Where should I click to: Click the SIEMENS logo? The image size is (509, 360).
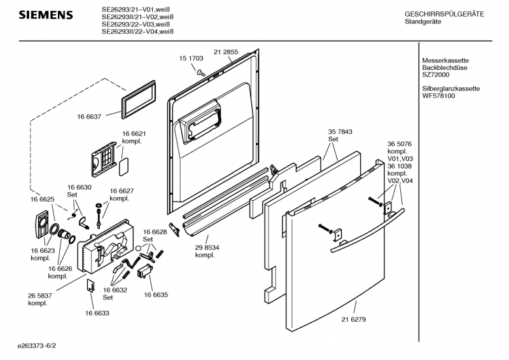click(x=46, y=15)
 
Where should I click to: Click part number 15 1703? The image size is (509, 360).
click(x=192, y=59)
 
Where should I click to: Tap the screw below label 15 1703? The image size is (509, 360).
click(x=201, y=73)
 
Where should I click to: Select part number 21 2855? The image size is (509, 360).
click(x=226, y=52)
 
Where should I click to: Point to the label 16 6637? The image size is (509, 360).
click(x=89, y=116)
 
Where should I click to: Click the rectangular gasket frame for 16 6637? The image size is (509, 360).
click(x=138, y=100)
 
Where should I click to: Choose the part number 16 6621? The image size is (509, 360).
click(x=134, y=134)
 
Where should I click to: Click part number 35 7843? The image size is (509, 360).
click(x=340, y=132)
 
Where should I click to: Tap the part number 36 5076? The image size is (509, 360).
click(x=400, y=144)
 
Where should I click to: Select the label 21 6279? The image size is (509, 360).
click(x=354, y=319)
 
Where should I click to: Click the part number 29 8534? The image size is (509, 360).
click(x=207, y=247)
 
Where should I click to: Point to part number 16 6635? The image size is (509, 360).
click(x=156, y=295)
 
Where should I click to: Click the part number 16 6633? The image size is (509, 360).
click(x=97, y=314)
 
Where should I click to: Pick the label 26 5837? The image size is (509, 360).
click(x=40, y=296)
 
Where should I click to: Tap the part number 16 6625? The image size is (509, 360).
click(x=43, y=199)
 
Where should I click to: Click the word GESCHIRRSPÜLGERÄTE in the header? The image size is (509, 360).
click(x=444, y=14)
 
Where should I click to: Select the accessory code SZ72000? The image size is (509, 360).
click(x=436, y=74)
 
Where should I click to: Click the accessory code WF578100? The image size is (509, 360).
click(x=438, y=96)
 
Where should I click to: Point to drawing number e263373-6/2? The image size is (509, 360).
click(x=37, y=346)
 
